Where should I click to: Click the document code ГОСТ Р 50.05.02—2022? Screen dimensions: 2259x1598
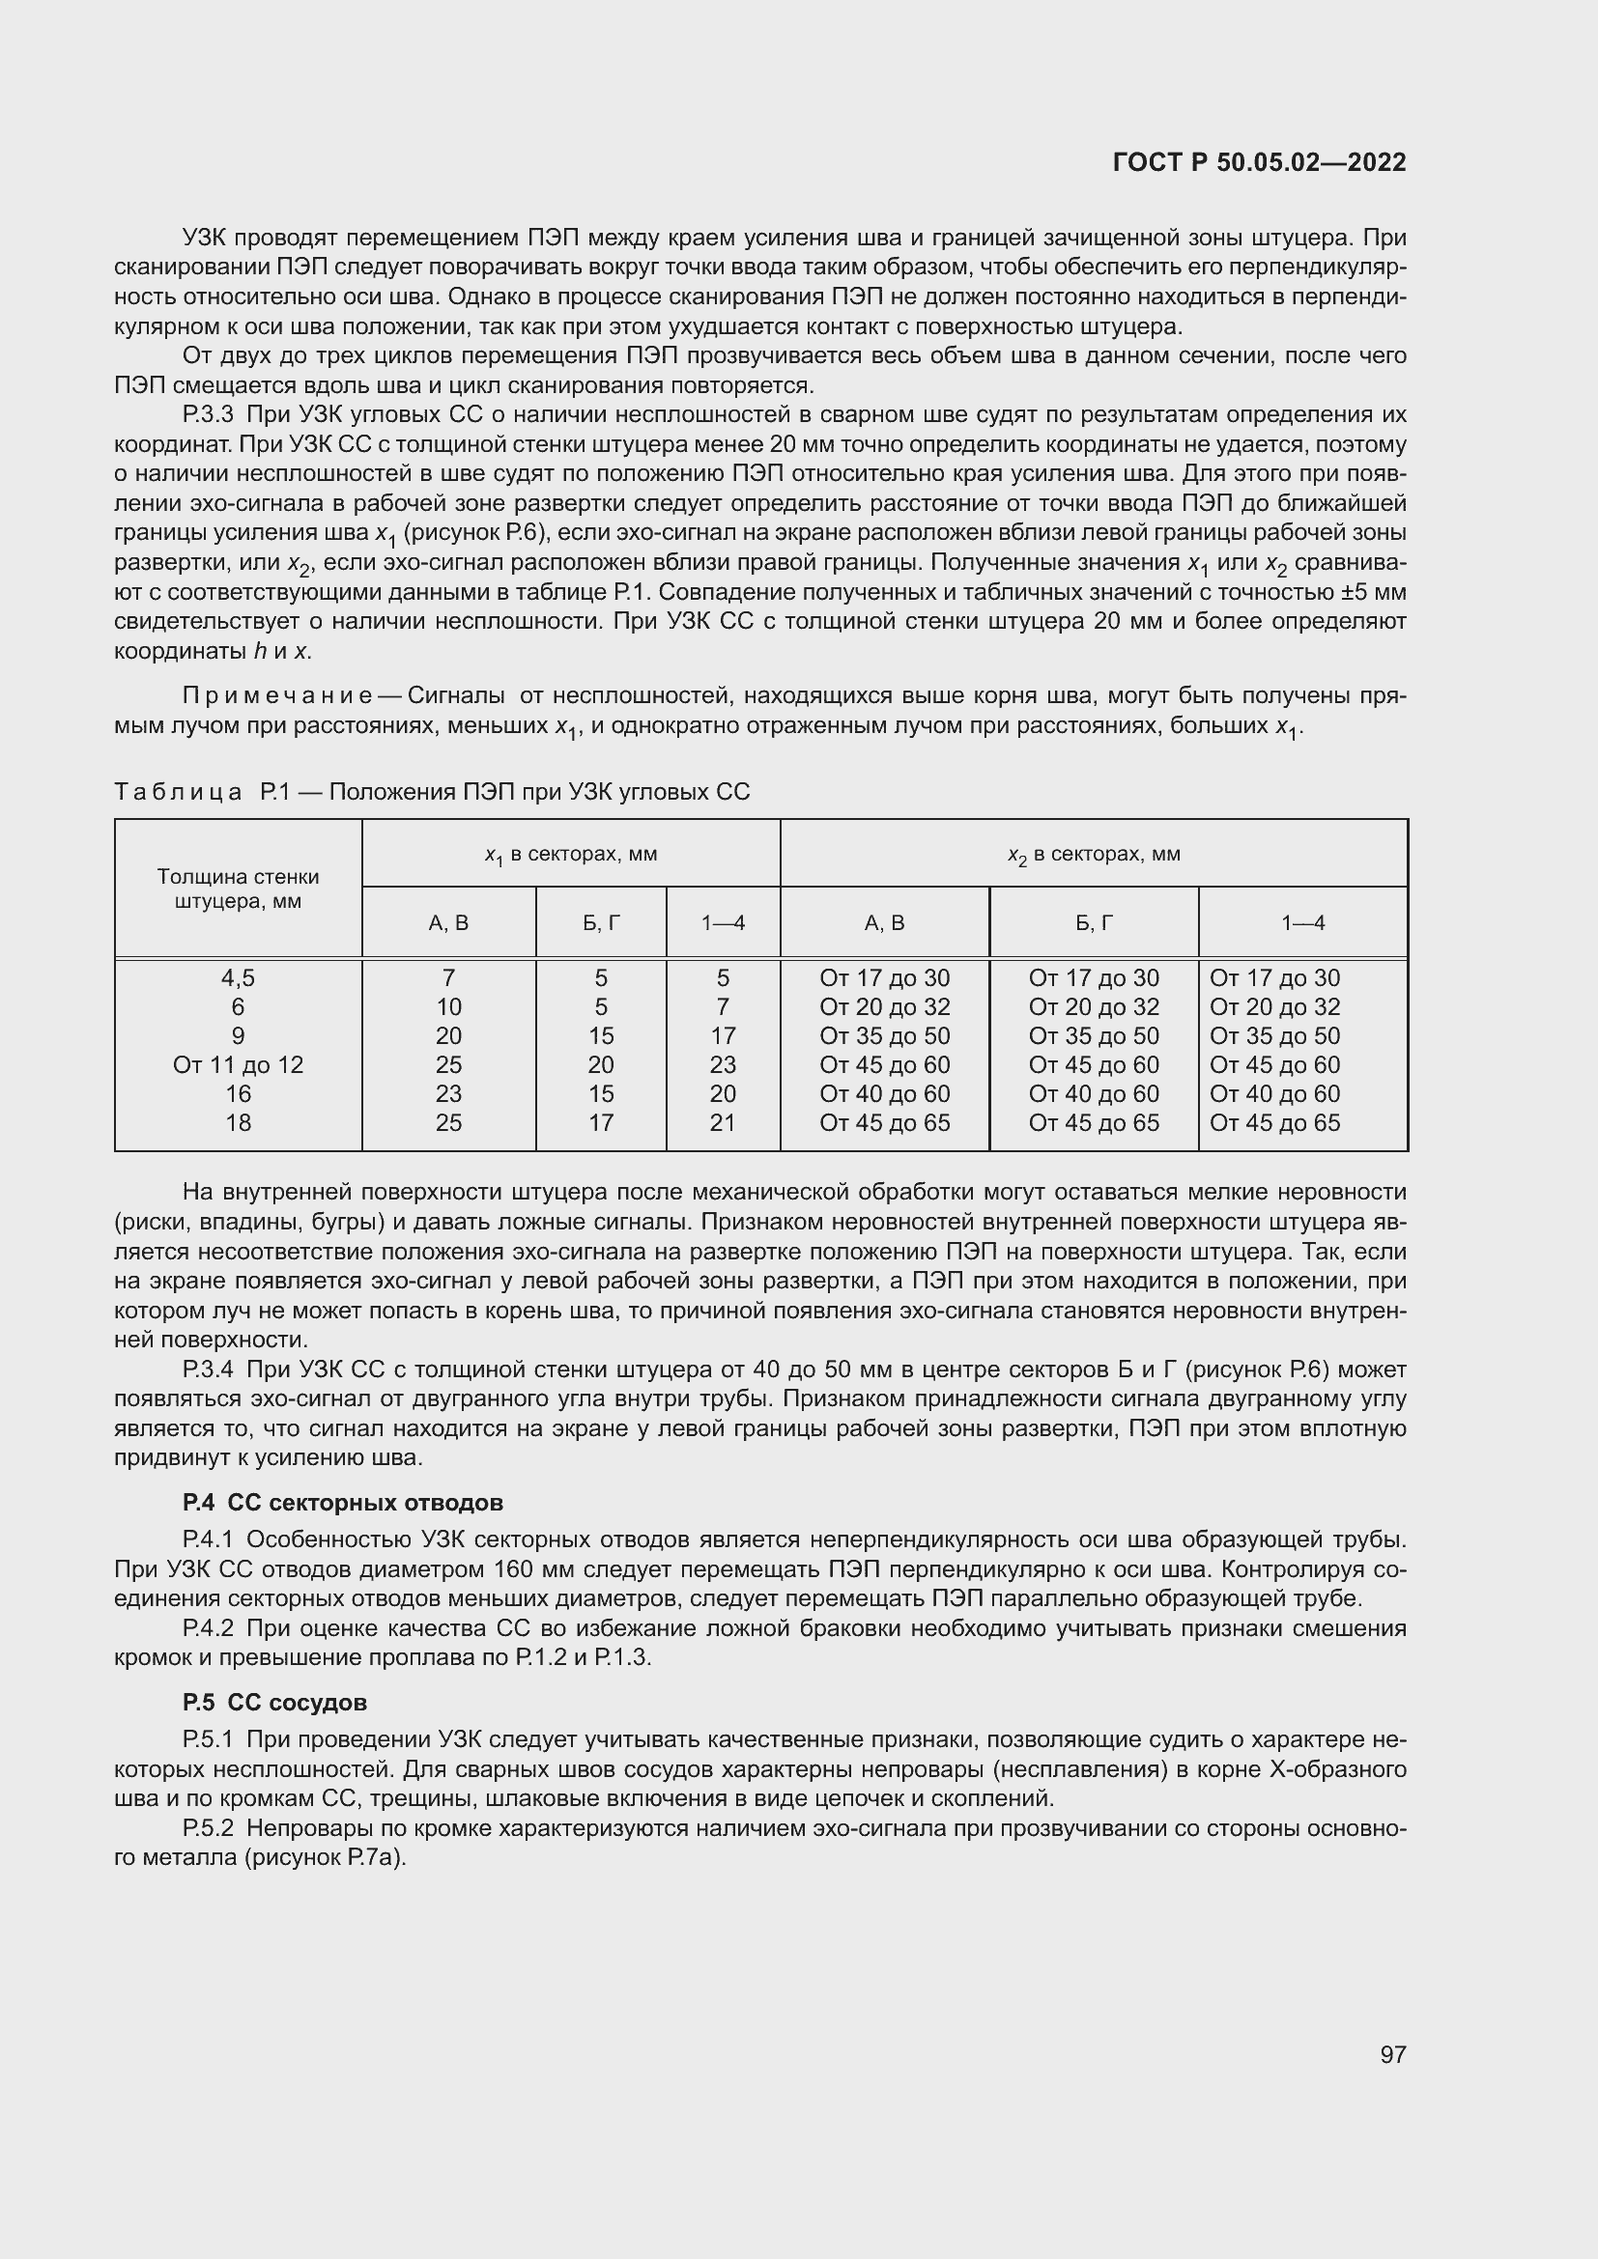click(1259, 162)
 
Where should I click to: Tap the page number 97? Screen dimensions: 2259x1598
click(1392, 2054)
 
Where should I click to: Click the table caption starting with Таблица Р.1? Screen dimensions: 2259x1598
click(432, 792)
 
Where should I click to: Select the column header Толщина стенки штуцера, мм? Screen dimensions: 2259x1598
click(238, 889)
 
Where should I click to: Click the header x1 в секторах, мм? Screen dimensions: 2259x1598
click(571, 855)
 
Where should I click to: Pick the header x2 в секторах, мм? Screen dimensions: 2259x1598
click(1094, 855)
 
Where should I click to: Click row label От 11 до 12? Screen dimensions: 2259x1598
click(238, 1064)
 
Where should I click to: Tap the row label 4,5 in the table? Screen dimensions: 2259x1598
click(238, 978)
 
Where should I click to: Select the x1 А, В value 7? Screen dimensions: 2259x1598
click(448, 978)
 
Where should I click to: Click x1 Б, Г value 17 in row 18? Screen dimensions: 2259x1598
click(601, 1122)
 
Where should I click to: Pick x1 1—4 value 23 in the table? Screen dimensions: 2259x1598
click(723, 1064)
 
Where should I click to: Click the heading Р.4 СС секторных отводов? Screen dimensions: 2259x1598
click(342, 1504)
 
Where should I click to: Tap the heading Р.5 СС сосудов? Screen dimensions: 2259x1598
click(274, 1703)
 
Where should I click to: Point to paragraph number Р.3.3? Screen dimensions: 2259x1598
click(208, 414)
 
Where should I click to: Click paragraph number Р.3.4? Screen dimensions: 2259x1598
click(208, 1370)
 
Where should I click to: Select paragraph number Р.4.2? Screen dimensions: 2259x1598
click(208, 1628)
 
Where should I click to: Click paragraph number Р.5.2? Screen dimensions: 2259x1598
click(208, 1829)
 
